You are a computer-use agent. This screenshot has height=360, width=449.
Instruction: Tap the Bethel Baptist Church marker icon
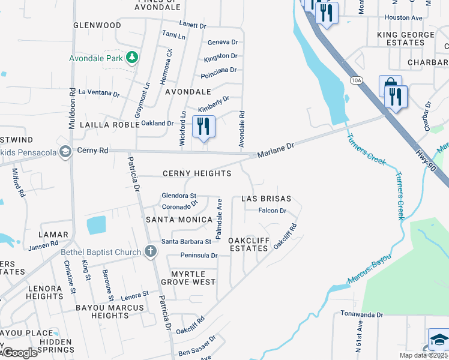(151, 252)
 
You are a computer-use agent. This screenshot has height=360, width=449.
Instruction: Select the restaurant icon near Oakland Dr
(203, 127)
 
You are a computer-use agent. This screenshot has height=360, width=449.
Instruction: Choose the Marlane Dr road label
(276, 146)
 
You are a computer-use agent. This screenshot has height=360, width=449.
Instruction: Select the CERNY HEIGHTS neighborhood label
(197, 173)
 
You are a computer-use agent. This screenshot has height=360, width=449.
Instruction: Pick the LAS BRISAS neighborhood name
(266, 199)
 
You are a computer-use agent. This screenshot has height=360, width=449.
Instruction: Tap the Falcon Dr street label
(272, 211)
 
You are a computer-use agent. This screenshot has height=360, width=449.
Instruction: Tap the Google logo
(19, 353)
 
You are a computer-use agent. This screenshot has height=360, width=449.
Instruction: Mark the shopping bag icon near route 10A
(390, 85)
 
